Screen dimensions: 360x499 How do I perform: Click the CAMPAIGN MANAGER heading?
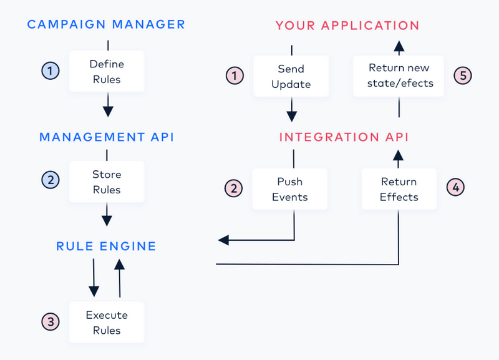[106, 25]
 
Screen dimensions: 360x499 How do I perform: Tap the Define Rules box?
[107, 71]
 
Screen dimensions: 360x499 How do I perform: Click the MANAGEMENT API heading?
[106, 137]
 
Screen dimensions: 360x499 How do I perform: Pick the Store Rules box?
[107, 182]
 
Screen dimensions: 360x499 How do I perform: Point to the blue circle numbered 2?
[51, 181]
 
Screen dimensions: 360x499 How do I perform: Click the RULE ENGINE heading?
[106, 246]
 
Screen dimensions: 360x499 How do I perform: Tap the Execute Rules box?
[107, 322]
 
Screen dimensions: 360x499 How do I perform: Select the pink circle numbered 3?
[51, 322]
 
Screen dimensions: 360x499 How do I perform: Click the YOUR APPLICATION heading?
[347, 26]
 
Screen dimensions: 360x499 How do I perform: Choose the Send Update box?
[291, 76]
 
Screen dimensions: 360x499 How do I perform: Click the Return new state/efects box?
[399, 75]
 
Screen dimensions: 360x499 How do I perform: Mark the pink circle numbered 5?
[462, 75]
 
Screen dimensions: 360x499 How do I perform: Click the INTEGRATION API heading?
[344, 137]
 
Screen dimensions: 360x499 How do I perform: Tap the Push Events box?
[289, 189]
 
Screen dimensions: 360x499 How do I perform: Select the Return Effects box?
[399, 189]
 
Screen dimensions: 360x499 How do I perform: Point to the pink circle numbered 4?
[456, 187]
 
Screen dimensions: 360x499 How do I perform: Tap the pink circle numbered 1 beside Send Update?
[234, 76]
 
